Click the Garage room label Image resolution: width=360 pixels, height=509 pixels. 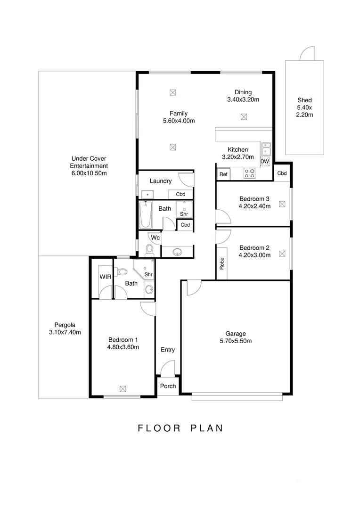point(236,334)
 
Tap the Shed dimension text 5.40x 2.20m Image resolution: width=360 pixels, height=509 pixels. point(304,111)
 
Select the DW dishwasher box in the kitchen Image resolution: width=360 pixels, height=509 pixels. point(264,162)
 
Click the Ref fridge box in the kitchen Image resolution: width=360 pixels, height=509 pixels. point(223,174)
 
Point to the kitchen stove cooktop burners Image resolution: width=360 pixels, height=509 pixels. point(249,173)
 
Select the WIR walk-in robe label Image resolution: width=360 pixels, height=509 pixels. point(105,277)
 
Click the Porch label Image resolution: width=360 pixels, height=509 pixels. point(168,386)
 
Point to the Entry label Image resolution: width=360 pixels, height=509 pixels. point(168,350)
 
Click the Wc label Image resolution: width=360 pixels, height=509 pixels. point(155,238)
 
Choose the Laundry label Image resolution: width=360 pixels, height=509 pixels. point(161,181)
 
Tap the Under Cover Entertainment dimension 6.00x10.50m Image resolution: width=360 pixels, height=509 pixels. point(89,173)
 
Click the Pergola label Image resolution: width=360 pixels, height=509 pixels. point(65,325)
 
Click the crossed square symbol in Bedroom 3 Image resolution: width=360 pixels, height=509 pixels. point(282,204)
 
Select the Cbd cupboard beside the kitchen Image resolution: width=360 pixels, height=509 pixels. point(282,173)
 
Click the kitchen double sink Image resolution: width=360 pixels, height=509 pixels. point(266,148)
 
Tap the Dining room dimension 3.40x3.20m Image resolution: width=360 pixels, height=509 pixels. point(243,99)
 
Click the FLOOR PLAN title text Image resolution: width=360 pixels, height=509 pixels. point(180,428)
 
